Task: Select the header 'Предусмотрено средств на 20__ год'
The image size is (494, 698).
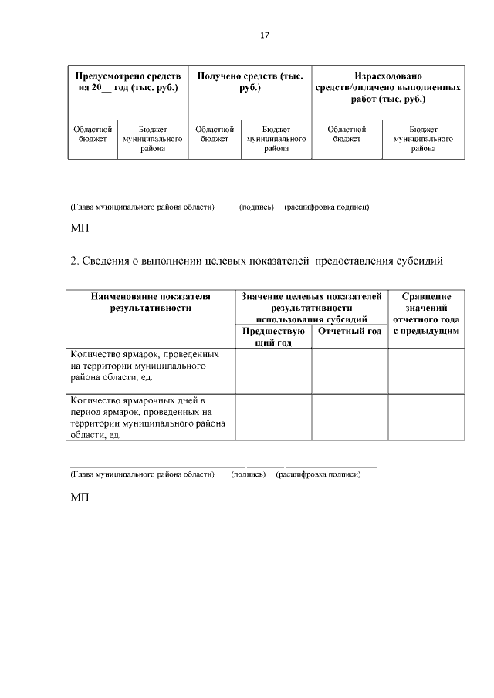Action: click(128, 83)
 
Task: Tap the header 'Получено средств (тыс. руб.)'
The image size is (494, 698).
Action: click(250, 83)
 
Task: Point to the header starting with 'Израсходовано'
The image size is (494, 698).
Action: click(388, 88)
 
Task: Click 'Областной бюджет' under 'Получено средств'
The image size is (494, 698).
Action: click(215, 134)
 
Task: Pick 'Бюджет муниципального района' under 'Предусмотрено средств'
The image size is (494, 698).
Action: click(152, 139)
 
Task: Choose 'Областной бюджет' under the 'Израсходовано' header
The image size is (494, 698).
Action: click(347, 134)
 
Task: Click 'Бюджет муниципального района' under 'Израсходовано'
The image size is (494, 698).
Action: click(423, 139)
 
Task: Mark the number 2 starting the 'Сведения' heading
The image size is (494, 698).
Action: click(73, 261)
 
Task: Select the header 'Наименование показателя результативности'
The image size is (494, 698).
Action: click(151, 302)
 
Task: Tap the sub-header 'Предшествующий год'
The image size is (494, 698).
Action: click(273, 336)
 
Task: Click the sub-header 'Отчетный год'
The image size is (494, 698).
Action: click(350, 332)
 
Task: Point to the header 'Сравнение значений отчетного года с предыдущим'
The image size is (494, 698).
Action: click(426, 313)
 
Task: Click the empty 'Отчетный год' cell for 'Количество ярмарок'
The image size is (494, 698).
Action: click(350, 371)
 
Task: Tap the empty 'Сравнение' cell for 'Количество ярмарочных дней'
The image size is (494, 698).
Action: click(426, 417)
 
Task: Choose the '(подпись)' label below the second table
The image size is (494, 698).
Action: click(248, 474)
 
